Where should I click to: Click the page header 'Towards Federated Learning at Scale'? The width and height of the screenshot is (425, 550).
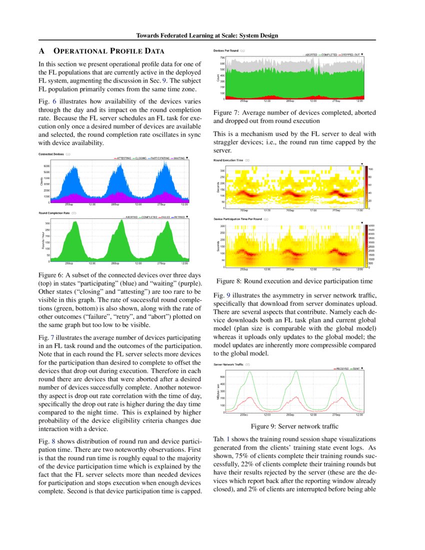pyautogui.click(x=207, y=35)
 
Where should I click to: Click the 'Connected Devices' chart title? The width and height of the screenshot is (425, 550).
pyautogui.click(x=52, y=154)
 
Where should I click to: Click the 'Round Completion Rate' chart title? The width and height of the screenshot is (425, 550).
pyautogui.click(x=54, y=213)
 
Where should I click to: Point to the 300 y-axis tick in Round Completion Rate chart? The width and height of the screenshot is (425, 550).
pyautogui.click(x=47, y=223)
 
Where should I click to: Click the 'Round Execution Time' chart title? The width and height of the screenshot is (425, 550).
pyautogui.click(x=228, y=160)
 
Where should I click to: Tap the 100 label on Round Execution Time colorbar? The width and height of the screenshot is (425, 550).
pyautogui.click(x=371, y=169)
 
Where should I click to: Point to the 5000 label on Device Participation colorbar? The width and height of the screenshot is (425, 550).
pyautogui.click(x=371, y=226)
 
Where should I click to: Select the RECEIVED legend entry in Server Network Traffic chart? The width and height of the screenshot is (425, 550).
pyautogui.click(x=342, y=368)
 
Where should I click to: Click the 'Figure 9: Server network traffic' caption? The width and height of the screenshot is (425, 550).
pyautogui.click(x=294, y=426)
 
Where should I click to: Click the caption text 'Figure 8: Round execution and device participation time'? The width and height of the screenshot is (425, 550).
pyautogui.click(x=294, y=281)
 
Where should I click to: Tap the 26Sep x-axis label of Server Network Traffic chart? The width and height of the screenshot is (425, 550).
pyautogui.click(x=289, y=414)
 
